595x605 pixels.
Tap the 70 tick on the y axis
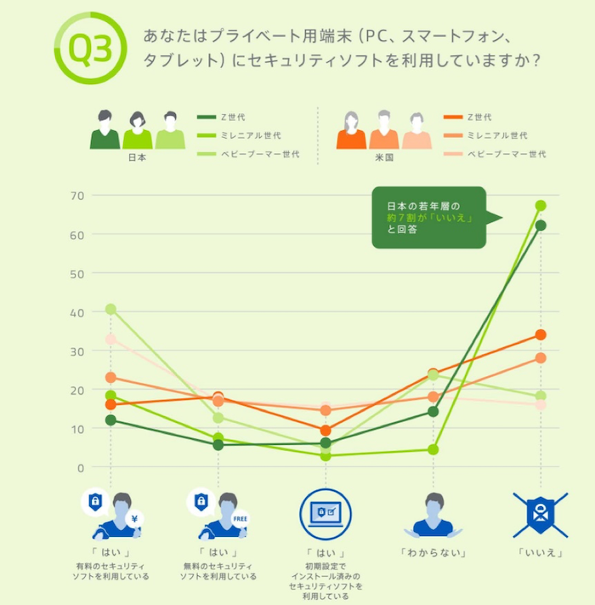click(76, 196)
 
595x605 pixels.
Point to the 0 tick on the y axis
click(82, 468)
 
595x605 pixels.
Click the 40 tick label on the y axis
click(76, 312)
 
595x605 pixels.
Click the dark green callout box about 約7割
click(428, 218)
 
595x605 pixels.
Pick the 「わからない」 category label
click(433, 553)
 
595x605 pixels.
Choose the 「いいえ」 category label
click(541, 553)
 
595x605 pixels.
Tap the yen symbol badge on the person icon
click(133, 519)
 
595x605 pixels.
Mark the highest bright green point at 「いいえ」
click(541, 206)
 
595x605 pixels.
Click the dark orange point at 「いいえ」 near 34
click(541, 335)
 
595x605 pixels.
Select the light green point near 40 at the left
click(110, 310)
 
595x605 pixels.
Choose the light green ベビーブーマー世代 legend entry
click(249, 154)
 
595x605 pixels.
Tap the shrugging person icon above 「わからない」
click(433, 516)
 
